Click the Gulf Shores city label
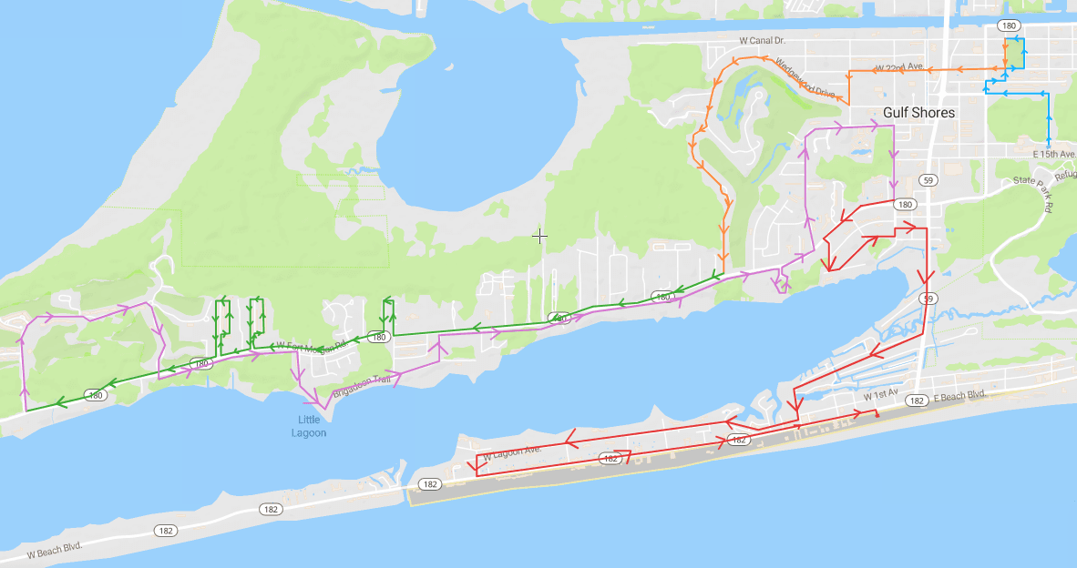(x=918, y=113)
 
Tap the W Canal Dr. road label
(x=762, y=41)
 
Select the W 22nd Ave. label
(x=899, y=68)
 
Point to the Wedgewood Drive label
(x=804, y=79)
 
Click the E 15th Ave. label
(x=1054, y=154)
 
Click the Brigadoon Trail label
(x=363, y=387)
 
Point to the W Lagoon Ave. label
(x=512, y=450)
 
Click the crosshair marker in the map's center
(x=540, y=237)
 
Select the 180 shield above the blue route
(x=1009, y=25)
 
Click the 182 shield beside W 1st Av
(x=917, y=401)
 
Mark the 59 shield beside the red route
(x=928, y=299)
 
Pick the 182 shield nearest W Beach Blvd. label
(x=165, y=530)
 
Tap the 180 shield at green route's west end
(x=95, y=395)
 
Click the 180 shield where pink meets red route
(x=904, y=205)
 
